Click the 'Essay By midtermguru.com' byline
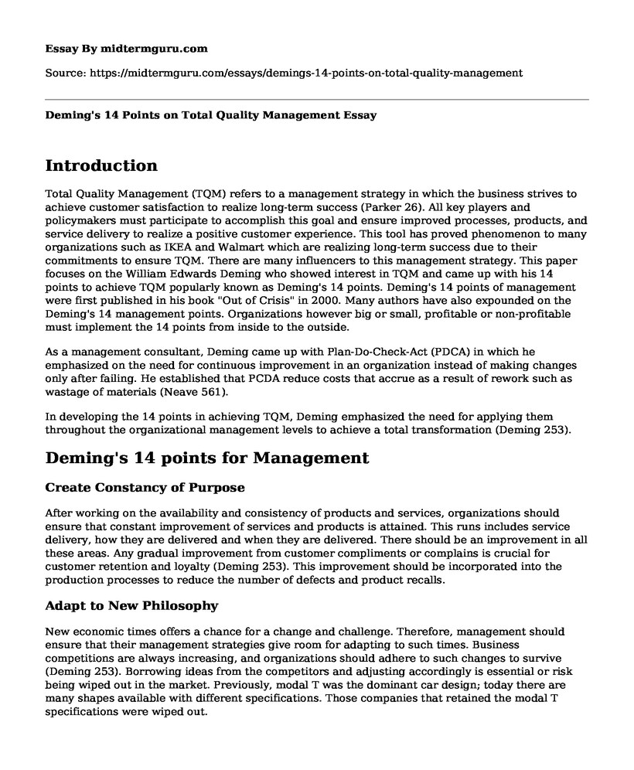click(x=127, y=48)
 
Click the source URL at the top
click(x=285, y=73)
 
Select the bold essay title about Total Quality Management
click(x=211, y=115)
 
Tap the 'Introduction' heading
click(x=101, y=165)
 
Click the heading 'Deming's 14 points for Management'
click(x=207, y=458)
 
